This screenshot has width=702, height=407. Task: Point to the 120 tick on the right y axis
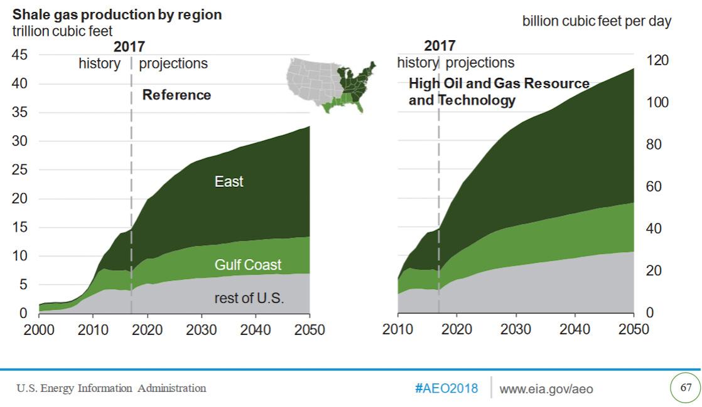click(657, 60)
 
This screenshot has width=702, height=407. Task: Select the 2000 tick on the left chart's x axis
click(39, 330)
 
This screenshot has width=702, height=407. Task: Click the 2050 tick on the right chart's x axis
click(634, 330)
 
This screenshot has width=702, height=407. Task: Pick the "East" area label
click(229, 182)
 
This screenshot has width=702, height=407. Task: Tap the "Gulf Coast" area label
click(247, 265)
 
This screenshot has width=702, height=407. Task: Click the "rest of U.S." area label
click(249, 298)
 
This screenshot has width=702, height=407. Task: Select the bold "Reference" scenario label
click(176, 95)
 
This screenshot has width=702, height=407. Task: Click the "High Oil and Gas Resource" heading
click(499, 84)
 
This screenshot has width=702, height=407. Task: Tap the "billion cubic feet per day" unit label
click(597, 21)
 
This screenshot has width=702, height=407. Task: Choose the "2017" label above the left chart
click(129, 46)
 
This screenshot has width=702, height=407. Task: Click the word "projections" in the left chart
click(173, 63)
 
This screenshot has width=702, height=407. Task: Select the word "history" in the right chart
click(417, 63)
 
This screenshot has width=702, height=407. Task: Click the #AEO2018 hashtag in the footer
click(446, 389)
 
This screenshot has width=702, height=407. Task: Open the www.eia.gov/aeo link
click(546, 389)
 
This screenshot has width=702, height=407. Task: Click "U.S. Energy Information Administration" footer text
click(111, 388)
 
